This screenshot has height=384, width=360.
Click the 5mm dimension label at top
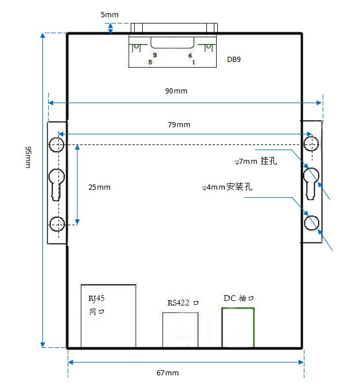[x=109, y=15]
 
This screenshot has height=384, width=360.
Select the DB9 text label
[x=234, y=60]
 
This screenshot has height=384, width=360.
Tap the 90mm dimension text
[x=176, y=91]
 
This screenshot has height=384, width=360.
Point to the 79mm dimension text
[x=179, y=124]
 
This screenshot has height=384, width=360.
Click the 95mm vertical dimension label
[x=28, y=157]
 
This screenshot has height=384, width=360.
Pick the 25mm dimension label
[x=99, y=187]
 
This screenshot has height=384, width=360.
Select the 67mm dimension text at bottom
[x=167, y=373]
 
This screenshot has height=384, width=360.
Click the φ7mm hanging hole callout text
[x=256, y=161]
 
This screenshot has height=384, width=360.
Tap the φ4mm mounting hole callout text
[x=227, y=187]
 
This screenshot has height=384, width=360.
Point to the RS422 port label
[x=183, y=303]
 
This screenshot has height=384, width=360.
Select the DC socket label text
[x=238, y=298]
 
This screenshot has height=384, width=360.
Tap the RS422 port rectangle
[x=163, y=330]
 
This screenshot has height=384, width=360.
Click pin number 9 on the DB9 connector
[x=155, y=55]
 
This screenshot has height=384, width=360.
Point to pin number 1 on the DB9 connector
[x=194, y=62]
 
